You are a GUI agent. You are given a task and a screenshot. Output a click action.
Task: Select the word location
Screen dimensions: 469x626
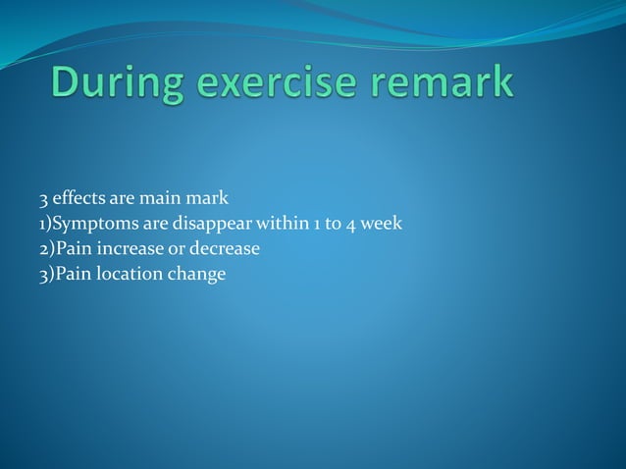point(125,274)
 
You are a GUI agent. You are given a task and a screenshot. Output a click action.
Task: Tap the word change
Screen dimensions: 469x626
point(197,275)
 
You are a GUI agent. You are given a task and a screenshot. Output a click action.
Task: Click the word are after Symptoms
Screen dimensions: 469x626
point(152,225)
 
